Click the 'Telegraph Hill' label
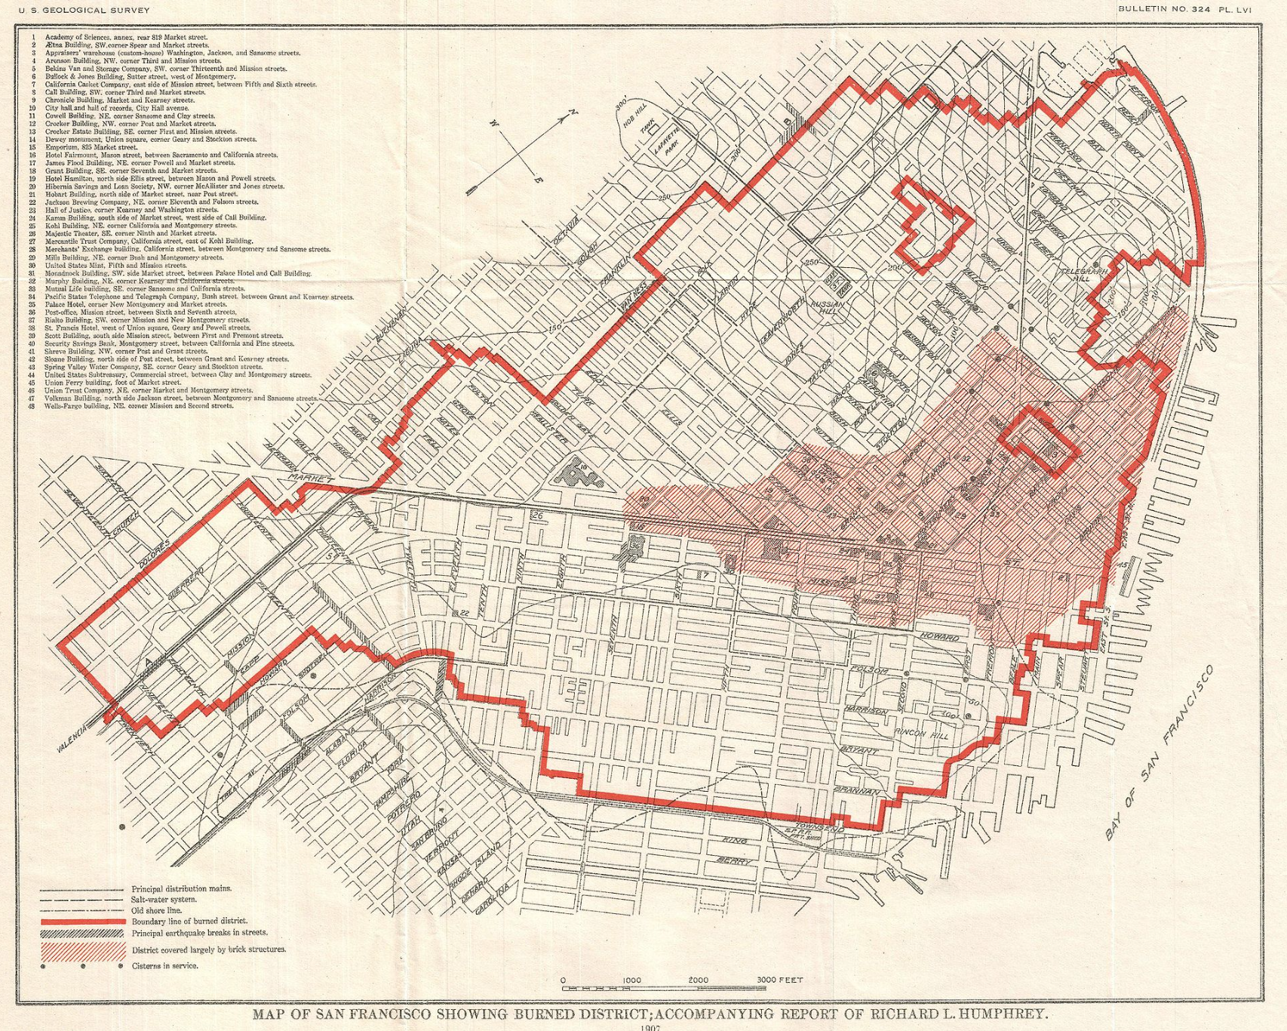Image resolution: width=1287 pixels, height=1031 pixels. [x=1085, y=274]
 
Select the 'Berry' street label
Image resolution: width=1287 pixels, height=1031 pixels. [x=731, y=860]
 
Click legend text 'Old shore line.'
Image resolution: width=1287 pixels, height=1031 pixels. [x=156, y=910]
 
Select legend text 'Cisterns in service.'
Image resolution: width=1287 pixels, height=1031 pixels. [x=164, y=966]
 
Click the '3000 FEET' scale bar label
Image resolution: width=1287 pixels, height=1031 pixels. [x=779, y=980]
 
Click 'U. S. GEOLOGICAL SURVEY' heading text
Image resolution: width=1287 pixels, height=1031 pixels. [x=84, y=10]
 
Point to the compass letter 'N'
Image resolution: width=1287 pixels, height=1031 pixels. [x=573, y=113]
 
